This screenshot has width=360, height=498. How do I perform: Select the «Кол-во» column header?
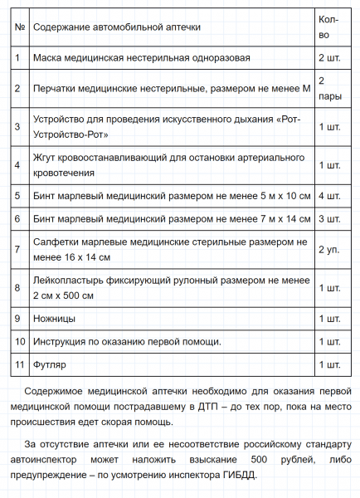pos(328,27)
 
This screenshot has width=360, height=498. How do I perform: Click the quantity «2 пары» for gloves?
pos(328,87)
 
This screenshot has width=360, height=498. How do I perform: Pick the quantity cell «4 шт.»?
pos(329,196)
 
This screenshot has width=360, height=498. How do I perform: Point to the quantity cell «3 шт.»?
pos(329,219)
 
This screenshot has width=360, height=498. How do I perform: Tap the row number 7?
pos(18,250)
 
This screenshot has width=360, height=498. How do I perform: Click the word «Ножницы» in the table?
pos(55,319)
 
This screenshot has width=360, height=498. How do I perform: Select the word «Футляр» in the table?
pos(51,364)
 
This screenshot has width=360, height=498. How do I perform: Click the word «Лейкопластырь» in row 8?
pos(71,281)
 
